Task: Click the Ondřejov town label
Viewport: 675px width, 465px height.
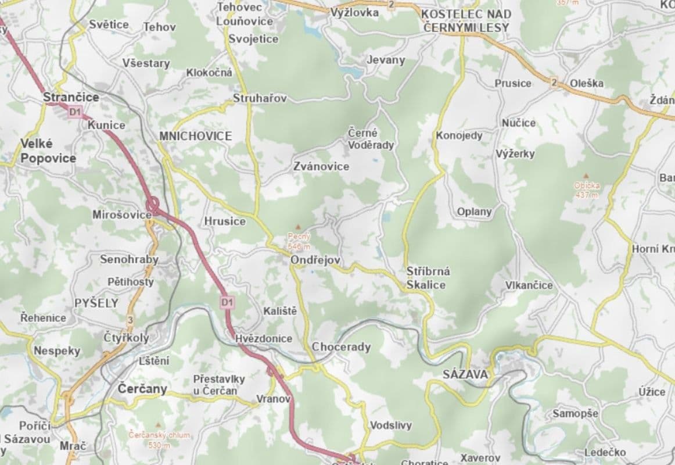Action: (315, 261)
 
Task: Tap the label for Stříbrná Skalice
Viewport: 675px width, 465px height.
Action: (428, 278)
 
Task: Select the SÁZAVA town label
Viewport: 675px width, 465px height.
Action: (465, 375)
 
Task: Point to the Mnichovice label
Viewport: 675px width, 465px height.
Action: (195, 136)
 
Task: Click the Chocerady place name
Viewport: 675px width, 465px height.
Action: (341, 347)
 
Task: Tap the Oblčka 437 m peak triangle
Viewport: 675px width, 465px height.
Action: (586, 176)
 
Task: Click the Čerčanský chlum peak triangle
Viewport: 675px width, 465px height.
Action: (159, 425)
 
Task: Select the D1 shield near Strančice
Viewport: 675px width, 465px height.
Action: (74, 112)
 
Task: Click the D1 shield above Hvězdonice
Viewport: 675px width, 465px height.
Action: (227, 302)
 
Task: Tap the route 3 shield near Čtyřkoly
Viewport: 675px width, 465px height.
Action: (130, 320)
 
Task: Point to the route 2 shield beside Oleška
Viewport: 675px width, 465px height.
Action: (554, 83)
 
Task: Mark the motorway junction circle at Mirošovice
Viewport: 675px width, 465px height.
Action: (153, 205)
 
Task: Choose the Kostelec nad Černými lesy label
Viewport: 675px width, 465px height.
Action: (466, 20)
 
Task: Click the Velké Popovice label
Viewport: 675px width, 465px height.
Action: (48, 151)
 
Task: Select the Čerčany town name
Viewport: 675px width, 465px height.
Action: (142, 388)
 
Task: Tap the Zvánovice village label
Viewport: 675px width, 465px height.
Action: (321, 167)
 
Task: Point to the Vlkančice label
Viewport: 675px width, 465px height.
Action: (529, 285)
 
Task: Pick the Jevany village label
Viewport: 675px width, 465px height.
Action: (386, 60)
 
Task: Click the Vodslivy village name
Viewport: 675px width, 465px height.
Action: (390, 425)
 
